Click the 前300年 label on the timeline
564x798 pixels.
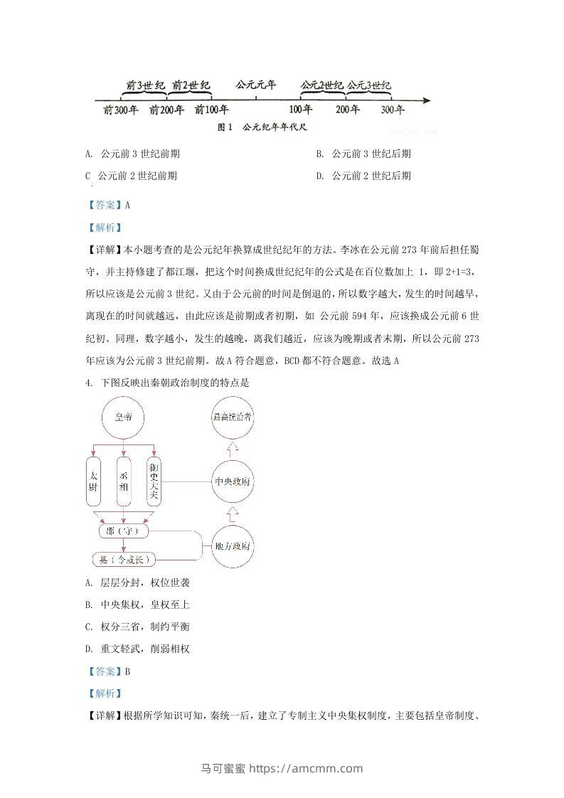click(x=120, y=110)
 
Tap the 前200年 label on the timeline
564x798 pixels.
click(x=167, y=110)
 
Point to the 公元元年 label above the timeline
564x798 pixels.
click(x=255, y=85)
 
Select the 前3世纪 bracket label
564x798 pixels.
click(x=146, y=86)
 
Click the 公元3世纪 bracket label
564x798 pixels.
click(x=368, y=86)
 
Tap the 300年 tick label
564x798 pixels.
click(x=393, y=110)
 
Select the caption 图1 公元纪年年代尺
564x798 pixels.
click(x=265, y=128)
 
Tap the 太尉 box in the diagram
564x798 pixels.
click(x=94, y=482)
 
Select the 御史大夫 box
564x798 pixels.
click(x=154, y=482)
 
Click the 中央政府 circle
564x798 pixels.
click(x=233, y=482)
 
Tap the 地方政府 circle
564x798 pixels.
click(x=233, y=546)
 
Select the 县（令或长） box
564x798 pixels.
click(x=124, y=560)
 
